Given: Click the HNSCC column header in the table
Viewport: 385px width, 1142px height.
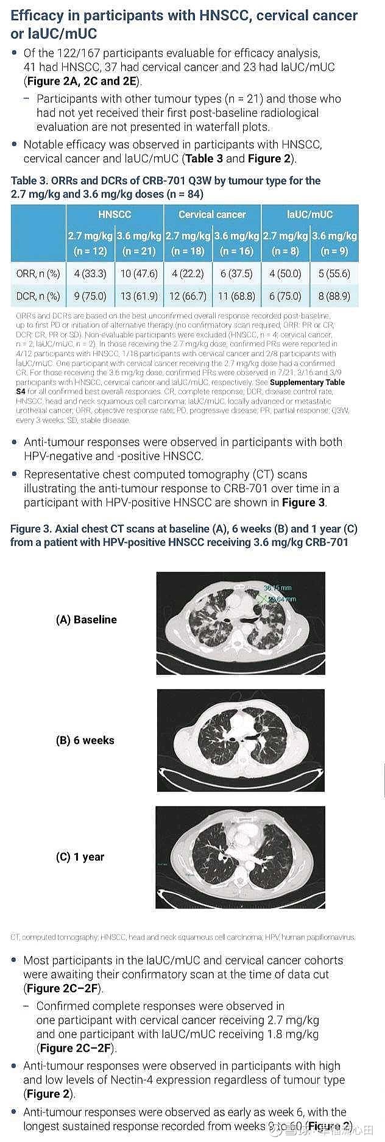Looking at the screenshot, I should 115,215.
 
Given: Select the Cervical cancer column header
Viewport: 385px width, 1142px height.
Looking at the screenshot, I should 212,215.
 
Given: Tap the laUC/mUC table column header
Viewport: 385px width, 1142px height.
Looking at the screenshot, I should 309,215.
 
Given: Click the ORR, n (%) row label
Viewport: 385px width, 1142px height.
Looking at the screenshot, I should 38,274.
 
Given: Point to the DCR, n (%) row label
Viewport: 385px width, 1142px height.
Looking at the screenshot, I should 38,296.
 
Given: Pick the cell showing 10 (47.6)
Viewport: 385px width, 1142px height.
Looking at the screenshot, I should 139,274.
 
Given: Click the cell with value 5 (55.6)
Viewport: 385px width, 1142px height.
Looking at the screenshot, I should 334,274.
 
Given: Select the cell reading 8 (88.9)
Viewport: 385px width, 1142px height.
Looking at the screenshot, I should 334,296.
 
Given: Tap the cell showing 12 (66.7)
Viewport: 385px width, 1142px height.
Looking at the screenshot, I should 188,296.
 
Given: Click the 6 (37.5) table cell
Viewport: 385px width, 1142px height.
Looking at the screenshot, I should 236,274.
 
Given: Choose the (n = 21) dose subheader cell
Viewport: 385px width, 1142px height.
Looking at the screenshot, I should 139,251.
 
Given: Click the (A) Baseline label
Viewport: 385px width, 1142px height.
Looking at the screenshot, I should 86,619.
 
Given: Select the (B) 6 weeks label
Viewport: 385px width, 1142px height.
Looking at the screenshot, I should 85,740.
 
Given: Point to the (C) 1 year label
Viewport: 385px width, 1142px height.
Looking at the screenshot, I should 80,857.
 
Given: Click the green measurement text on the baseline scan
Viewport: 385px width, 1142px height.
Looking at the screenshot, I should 278,593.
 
